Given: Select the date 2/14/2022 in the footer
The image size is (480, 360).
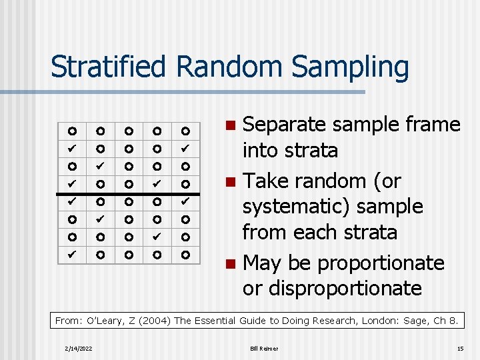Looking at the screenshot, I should click(x=79, y=349).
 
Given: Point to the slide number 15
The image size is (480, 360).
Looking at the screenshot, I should click(x=459, y=349).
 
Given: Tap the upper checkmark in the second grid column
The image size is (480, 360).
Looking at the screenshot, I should click(x=100, y=163).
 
